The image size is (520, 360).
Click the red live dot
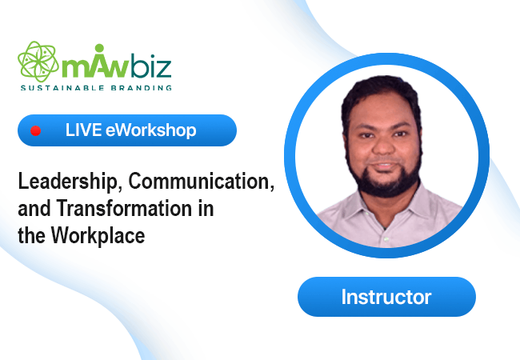pos(35,131)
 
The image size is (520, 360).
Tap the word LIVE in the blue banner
pos(83,130)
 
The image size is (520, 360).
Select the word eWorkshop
pos(151,130)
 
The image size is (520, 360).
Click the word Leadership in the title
pos(68,182)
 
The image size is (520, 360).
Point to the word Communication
pos(202,182)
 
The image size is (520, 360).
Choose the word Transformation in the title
pos(124,209)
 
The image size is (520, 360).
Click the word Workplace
pos(98,236)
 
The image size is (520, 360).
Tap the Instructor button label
pos(386,297)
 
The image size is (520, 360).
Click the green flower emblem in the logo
pos(38,62)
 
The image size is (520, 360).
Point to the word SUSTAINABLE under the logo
pos(62,88)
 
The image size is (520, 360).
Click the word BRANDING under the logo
pos(142,88)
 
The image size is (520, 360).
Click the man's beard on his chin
pos(385,184)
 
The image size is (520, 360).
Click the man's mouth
pos(384,166)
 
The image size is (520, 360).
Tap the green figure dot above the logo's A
pos(99,48)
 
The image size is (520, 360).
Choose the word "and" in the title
pos(34,209)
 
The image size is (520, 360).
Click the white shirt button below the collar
pos(386,239)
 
